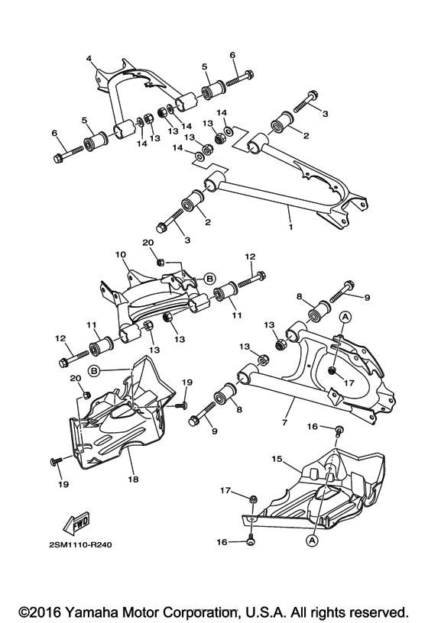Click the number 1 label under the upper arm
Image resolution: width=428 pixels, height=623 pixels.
[x=290, y=227]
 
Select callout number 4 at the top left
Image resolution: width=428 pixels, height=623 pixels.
[x=89, y=58]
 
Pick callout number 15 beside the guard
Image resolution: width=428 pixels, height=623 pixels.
[x=277, y=460]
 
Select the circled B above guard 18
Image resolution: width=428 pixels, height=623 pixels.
[x=94, y=371]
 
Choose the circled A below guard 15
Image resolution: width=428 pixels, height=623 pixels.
[x=311, y=539]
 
